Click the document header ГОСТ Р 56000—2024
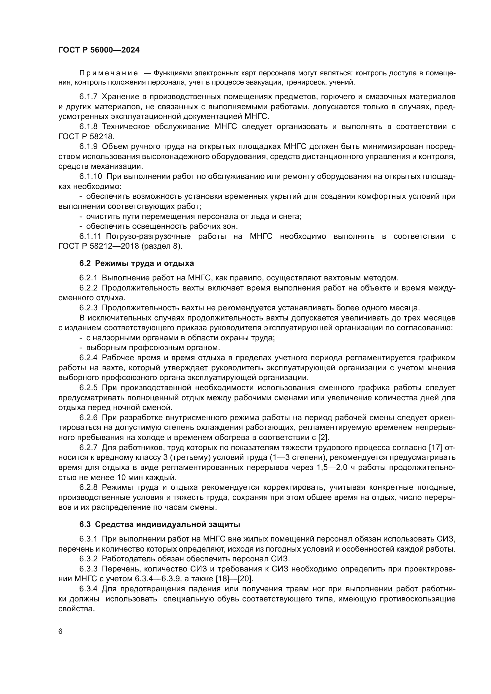point(99,50)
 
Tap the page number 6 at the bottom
point(61,631)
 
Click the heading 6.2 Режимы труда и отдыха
point(137,263)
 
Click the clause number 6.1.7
point(88,97)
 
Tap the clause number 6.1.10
point(91,177)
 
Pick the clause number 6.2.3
point(88,308)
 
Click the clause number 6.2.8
point(88,487)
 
